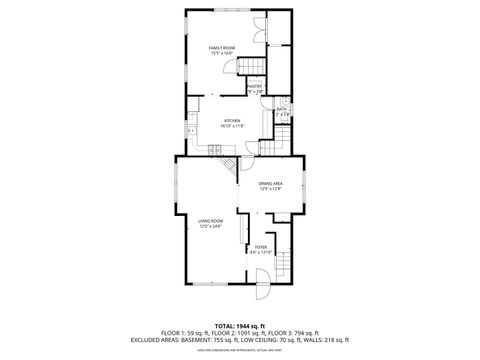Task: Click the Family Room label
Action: [221, 47]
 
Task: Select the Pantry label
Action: [254, 86]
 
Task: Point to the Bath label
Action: [282, 112]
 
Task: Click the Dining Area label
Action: [270, 183]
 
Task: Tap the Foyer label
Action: [260, 246]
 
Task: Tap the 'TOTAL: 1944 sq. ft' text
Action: [239, 326]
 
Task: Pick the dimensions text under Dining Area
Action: [270, 189]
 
